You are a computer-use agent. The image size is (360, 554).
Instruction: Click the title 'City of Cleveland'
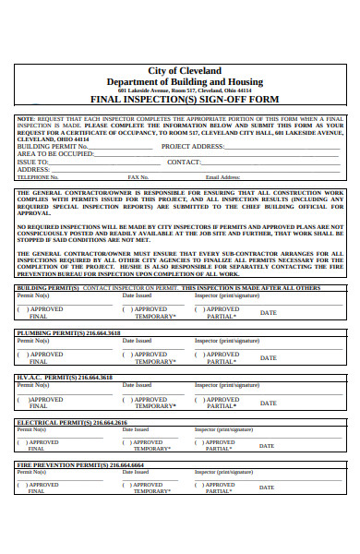[x=185, y=70]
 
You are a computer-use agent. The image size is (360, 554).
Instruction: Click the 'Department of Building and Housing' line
[x=185, y=80]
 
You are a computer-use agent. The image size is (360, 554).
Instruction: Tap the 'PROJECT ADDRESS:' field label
[x=193, y=147]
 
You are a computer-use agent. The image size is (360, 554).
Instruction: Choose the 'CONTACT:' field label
[x=184, y=163]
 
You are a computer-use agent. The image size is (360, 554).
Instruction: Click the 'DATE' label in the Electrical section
[x=266, y=446]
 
